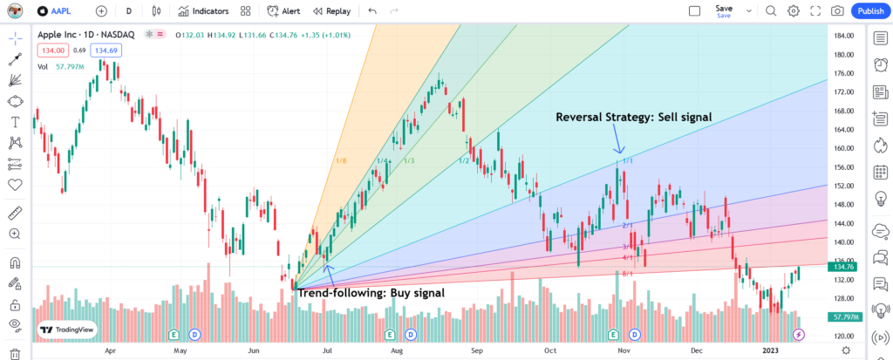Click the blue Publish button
pos(869,11)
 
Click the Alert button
pos(285,11)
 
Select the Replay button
pos(332,11)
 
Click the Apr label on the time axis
pos(110,350)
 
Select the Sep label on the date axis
pos(477,350)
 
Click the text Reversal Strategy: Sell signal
pos(633,116)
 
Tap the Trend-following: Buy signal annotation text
pos(372,293)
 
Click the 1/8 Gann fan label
pos(341,161)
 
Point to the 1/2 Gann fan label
pos(464,160)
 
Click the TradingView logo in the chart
pos(67,331)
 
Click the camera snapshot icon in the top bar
pos(837,11)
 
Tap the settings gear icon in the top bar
pos(793,11)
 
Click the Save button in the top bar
pos(724,10)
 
